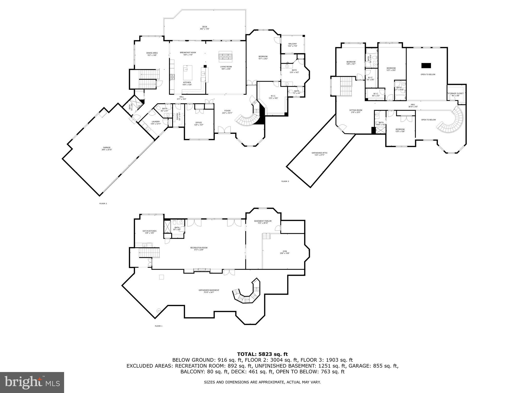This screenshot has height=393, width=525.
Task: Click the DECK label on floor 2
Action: click(205, 27)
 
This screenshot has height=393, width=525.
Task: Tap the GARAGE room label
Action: click(107, 148)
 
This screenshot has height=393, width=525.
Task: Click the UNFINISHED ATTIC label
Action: click(319, 153)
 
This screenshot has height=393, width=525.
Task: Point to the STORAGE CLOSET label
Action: click(456, 93)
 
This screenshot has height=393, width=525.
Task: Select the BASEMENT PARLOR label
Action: click(263, 221)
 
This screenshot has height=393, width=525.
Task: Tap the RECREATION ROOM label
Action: click(199, 248)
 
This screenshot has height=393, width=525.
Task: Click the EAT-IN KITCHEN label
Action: click(149, 231)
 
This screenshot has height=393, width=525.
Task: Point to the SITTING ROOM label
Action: click(356, 110)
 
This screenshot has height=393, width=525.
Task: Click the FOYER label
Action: click(227, 111)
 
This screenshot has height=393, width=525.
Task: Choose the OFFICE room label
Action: click(198, 123)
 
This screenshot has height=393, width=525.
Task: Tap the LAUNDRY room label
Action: click(156, 122)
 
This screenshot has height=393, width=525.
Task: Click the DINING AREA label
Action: click(152, 53)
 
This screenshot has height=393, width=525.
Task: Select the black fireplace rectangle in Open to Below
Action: click(426, 65)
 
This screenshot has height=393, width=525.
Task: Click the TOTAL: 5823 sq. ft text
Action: click(262, 354)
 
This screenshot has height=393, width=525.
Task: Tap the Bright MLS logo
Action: click(32, 382)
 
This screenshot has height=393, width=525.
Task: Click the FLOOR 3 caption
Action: click(285, 181)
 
